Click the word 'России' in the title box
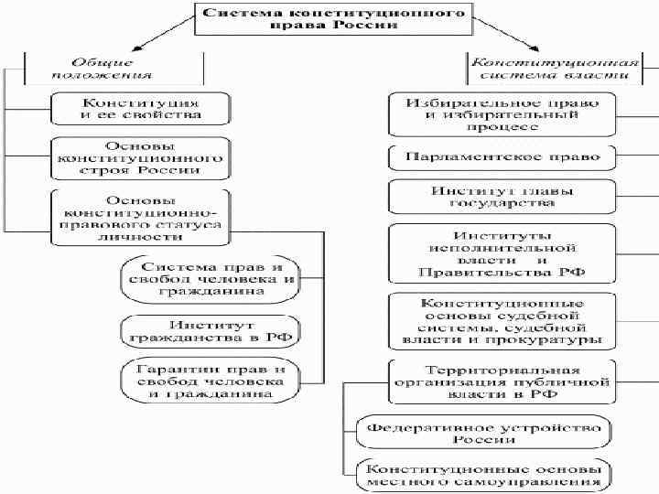373,26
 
